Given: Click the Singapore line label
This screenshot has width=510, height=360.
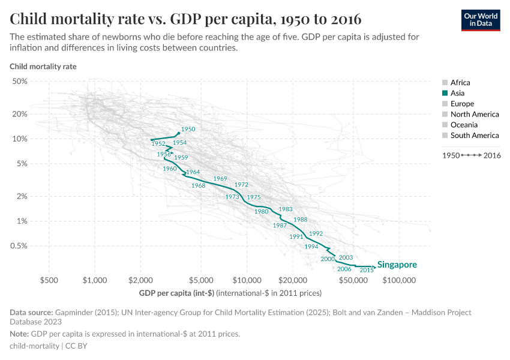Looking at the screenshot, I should point(397,265).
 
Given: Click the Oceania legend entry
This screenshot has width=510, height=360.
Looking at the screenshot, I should point(464,125).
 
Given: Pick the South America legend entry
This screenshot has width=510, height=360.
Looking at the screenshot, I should point(474,136).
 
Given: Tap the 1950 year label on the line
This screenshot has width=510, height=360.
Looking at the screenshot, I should point(188,129).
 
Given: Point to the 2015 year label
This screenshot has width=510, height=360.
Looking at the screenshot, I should point(367,271).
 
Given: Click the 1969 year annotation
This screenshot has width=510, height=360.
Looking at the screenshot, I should point(220,179).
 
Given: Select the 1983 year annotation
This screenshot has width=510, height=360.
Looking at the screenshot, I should point(286,209).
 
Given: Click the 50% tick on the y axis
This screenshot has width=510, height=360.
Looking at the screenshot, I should point(20,81).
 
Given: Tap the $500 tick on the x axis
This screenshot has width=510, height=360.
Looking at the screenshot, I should point(49,280).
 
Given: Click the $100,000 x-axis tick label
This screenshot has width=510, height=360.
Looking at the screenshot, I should point(399,280).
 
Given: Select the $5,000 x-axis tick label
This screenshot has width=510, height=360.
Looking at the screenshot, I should point(201,280).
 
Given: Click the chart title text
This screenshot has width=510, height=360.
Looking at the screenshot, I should point(185,18).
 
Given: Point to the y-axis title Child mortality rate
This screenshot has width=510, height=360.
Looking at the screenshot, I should point(43,66).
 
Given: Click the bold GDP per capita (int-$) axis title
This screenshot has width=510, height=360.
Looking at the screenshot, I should point(176,293).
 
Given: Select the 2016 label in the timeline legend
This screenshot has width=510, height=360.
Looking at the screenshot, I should point(491,155).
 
